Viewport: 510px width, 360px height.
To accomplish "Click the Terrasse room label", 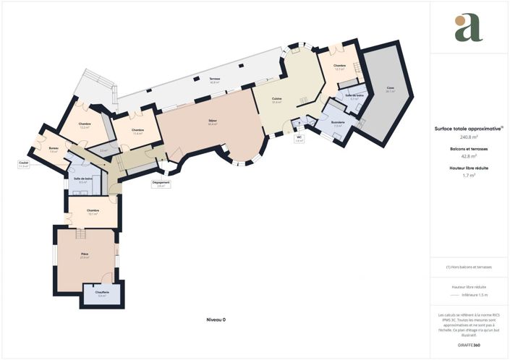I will pos(215,80).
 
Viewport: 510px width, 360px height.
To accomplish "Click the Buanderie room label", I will pos(337,123).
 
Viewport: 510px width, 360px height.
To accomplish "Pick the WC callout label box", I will pos(299,138).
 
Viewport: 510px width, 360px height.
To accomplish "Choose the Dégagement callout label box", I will pos(161,184).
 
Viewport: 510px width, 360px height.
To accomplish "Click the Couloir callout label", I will pos(24,164).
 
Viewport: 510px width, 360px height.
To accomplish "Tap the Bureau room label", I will pos(54,150).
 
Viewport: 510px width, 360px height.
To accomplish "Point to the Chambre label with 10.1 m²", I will pos(93,212).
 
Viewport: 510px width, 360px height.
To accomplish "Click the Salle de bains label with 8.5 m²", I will pos(82,179).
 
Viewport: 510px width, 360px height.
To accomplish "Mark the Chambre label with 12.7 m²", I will pos(340,67).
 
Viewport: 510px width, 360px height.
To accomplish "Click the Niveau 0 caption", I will pos(216,319).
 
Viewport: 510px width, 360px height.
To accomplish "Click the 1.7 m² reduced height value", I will pos(468,175).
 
